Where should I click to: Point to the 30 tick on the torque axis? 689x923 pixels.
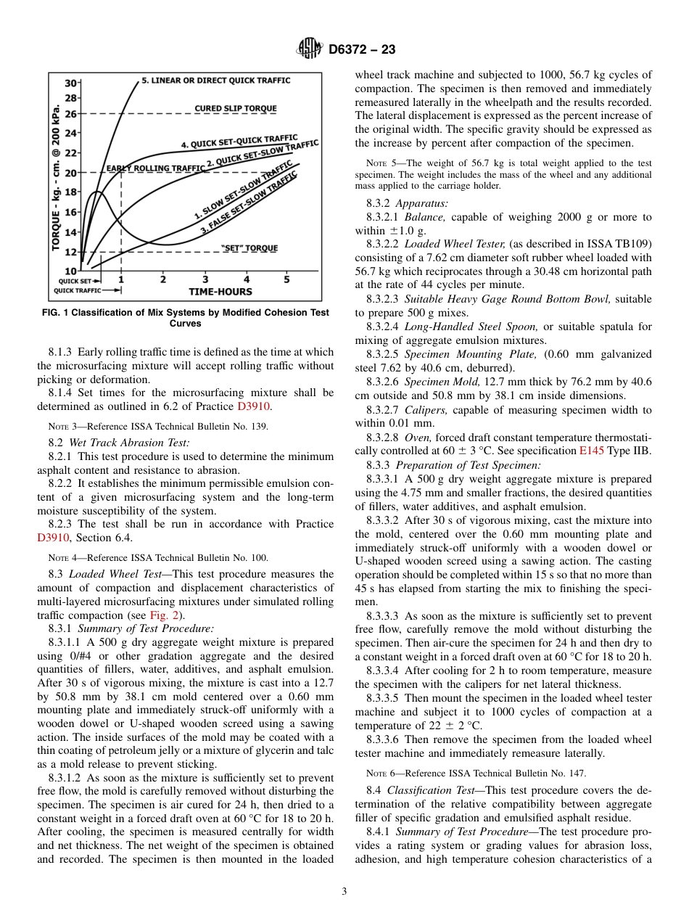coord(73,83)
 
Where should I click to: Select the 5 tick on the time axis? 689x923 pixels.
coord(286,279)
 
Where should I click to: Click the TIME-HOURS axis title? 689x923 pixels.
coord(220,292)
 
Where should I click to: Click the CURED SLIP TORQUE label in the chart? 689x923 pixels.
coord(236,109)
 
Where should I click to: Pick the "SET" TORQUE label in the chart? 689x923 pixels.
coord(249,248)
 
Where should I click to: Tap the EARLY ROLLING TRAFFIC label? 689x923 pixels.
coord(155,168)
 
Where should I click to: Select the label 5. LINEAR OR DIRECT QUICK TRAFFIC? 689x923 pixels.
coord(215,81)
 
